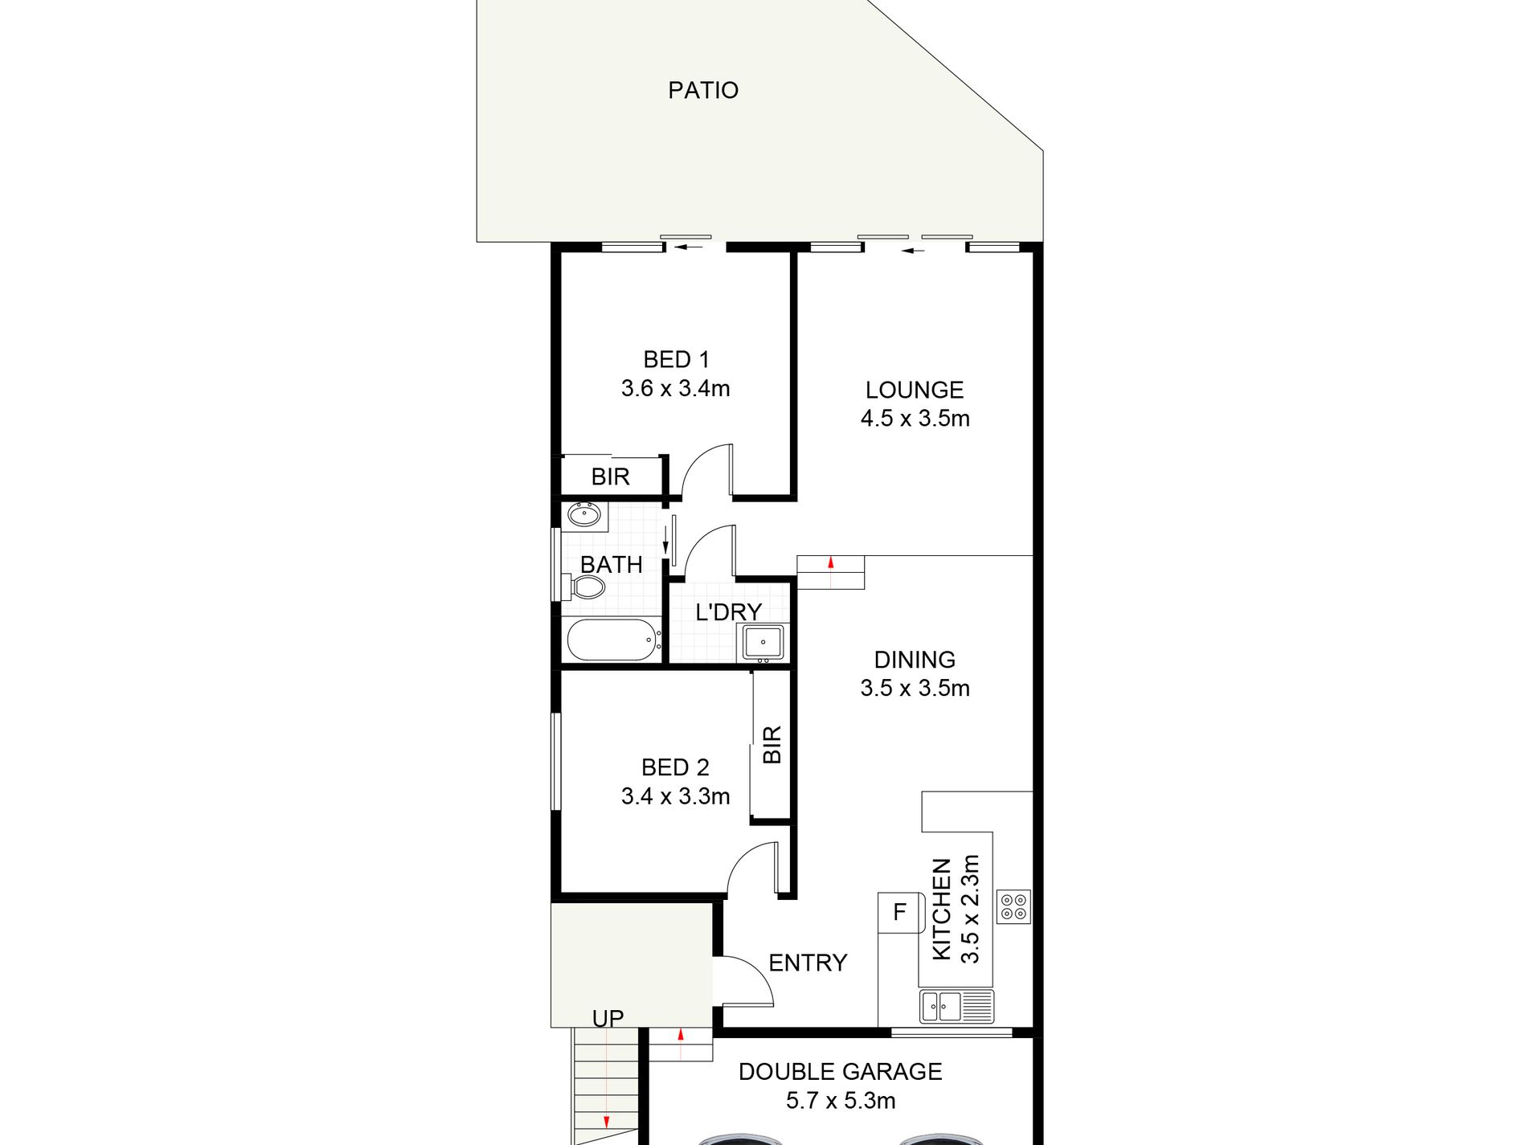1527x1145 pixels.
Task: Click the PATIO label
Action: click(x=702, y=90)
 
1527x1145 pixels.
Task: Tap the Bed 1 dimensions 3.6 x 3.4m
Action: click(x=675, y=389)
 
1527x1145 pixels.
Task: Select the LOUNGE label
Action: click(x=914, y=390)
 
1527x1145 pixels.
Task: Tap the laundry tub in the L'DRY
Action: click(x=762, y=643)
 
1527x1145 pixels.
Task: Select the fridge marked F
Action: click(x=899, y=912)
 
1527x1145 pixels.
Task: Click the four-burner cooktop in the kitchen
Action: click(x=1013, y=906)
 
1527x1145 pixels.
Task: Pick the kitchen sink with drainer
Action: click(x=956, y=1007)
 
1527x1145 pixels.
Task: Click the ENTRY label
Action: click(x=807, y=963)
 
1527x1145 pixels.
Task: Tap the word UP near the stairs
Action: click(x=608, y=1019)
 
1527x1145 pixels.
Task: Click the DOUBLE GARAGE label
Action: click(x=840, y=1071)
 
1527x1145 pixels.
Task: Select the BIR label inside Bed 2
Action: click(x=772, y=744)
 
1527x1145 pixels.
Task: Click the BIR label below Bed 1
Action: click(x=610, y=476)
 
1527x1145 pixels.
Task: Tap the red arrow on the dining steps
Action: click(x=830, y=562)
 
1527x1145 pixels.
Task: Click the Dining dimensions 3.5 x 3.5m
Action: click(x=915, y=689)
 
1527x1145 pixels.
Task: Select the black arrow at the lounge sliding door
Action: click(x=912, y=251)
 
